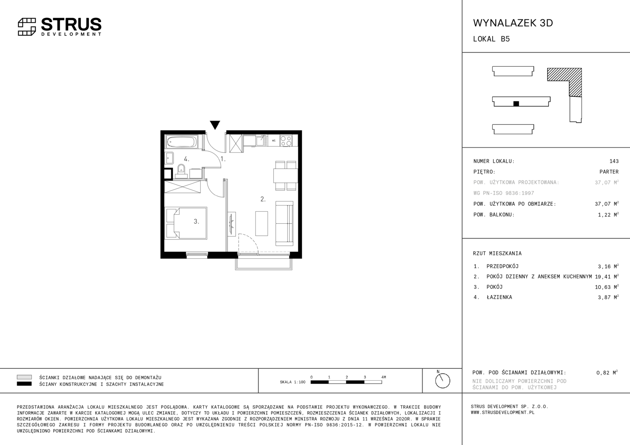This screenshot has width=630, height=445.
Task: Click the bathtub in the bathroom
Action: tap(182, 142)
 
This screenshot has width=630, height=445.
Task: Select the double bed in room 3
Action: tap(186, 223)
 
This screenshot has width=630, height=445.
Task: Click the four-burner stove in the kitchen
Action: tap(286, 141)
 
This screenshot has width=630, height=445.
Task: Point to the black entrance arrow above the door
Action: tap(215, 125)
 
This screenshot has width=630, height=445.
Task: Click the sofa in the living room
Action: tap(284, 223)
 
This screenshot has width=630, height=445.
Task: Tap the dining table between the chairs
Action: tap(285, 176)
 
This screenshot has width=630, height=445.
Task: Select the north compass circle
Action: tap(442, 381)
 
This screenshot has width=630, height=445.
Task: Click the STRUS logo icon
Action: tap(27, 27)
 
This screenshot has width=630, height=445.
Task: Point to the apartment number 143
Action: tap(614, 161)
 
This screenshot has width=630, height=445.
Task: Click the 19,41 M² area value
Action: tap(606, 276)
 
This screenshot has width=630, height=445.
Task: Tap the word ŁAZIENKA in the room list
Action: tap(499, 297)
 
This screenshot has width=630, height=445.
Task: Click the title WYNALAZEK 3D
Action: tap(513, 23)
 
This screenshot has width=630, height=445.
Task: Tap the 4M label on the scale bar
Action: tap(383, 377)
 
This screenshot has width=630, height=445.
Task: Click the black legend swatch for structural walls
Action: tap(24, 384)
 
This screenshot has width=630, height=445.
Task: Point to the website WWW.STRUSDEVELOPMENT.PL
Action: tap(503, 412)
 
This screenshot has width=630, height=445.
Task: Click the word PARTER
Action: tap(609, 172)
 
